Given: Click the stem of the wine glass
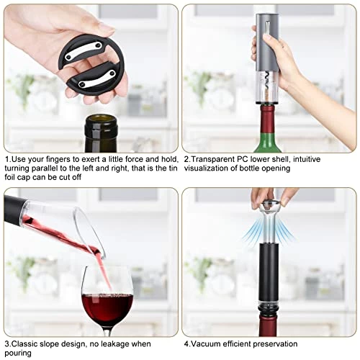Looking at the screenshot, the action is click(x=107, y=332).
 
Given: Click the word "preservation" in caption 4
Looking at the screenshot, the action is click(x=275, y=344).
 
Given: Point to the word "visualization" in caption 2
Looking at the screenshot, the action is click(x=206, y=168).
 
